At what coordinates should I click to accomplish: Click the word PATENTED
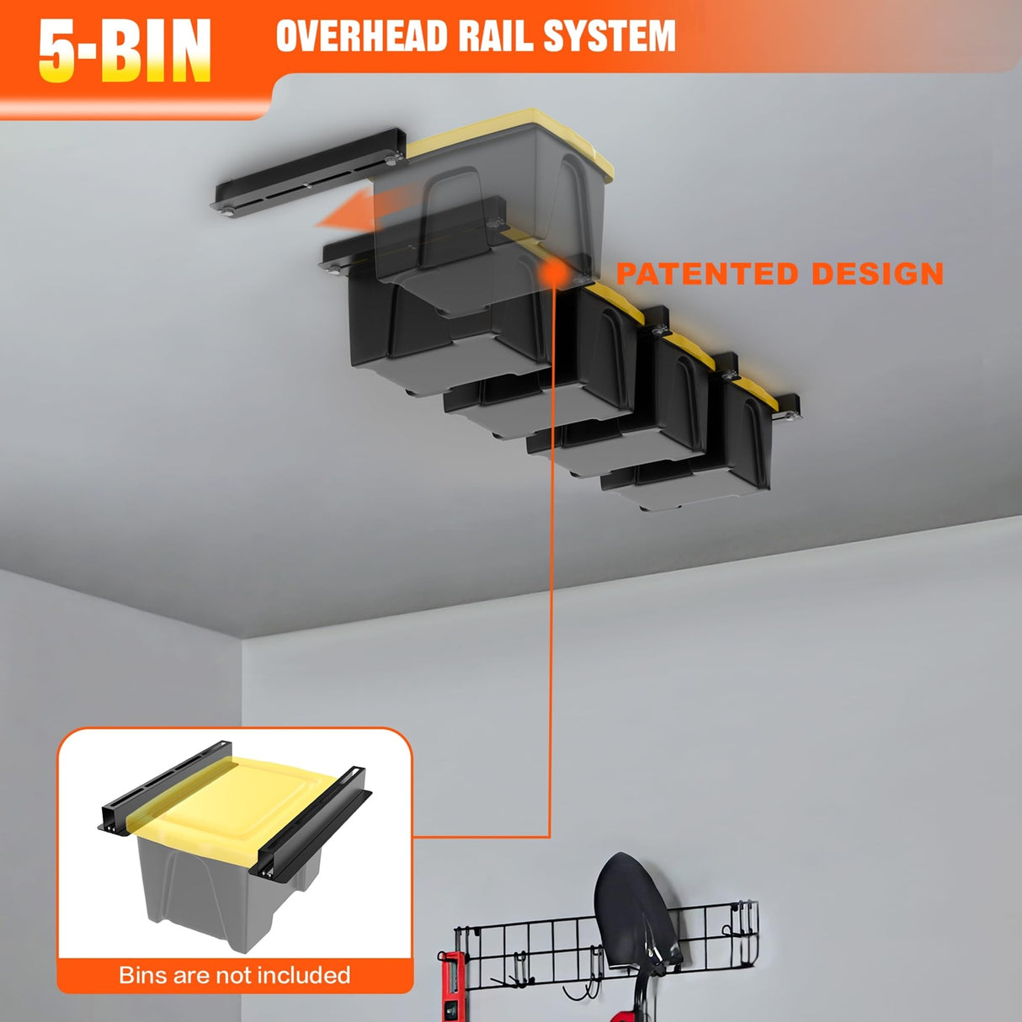(x=706, y=274)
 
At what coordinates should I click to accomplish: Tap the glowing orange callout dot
(x=553, y=271)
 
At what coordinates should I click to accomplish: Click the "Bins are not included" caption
(x=235, y=975)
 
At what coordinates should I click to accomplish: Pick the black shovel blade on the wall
(x=631, y=909)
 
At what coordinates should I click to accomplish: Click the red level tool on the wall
(x=450, y=989)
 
